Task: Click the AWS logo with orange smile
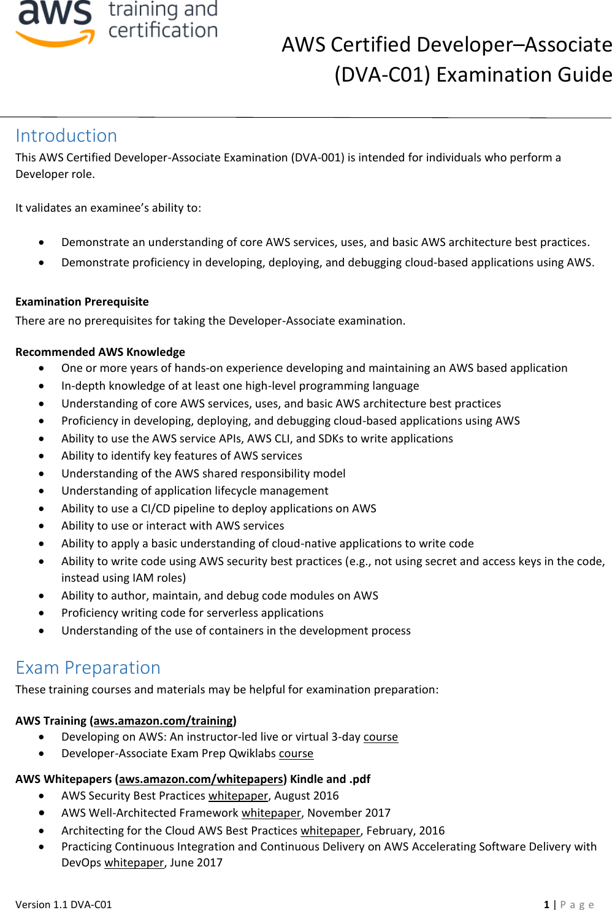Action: [x=55, y=23]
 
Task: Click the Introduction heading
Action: [x=66, y=136]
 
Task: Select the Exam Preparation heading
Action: [x=88, y=668]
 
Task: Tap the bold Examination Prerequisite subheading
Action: [x=82, y=301]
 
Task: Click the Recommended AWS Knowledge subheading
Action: [x=100, y=352]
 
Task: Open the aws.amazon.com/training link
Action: [x=163, y=720]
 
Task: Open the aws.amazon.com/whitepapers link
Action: [x=201, y=779]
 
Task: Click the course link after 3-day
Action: [x=380, y=736]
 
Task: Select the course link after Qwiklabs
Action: [x=296, y=753]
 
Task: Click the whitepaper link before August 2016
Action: [x=238, y=795]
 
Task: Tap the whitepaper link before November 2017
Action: [x=271, y=812]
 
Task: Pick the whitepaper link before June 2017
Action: [x=134, y=862]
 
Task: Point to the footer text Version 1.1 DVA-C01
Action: [x=64, y=904]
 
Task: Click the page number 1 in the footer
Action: [x=546, y=904]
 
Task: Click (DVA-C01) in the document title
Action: [x=382, y=74]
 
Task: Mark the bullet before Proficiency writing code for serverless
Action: [x=41, y=613]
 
